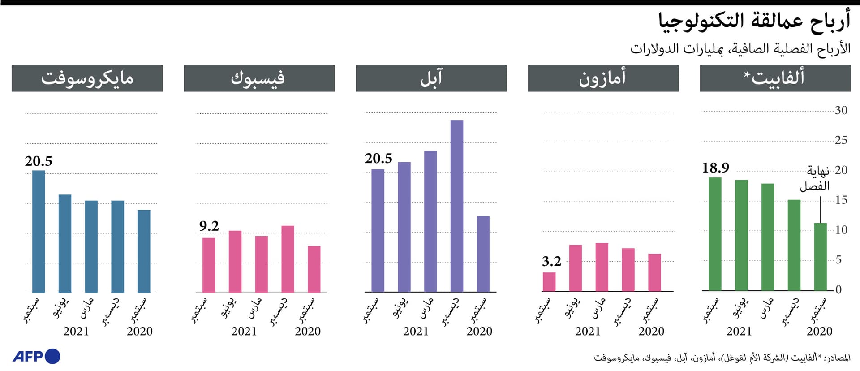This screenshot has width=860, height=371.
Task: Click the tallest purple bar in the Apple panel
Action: click(x=457, y=206)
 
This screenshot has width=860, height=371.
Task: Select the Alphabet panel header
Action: click(x=775, y=78)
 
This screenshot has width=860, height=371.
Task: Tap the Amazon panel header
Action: click(x=603, y=78)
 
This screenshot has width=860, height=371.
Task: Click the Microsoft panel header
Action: click(x=87, y=78)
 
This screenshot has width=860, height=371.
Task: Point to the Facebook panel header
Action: click(x=259, y=78)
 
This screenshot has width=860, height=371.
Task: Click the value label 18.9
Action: click(x=715, y=168)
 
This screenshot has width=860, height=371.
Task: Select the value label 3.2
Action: click(x=551, y=261)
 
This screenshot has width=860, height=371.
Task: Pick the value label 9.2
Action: click(x=209, y=226)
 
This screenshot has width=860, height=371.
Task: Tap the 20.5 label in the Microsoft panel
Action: click(x=39, y=161)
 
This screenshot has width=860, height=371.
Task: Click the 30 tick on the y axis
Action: click(x=841, y=110)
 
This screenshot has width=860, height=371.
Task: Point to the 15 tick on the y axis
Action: click(x=841, y=200)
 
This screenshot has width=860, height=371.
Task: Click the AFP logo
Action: click(x=36, y=356)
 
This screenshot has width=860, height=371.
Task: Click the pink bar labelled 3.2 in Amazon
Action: click(x=549, y=282)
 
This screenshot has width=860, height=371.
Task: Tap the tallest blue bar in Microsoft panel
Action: click(x=39, y=232)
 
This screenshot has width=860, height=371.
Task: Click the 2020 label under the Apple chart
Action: click(x=479, y=331)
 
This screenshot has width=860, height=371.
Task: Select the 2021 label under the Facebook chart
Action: click(x=244, y=331)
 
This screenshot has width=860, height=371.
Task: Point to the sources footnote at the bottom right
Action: click(x=722, y=358)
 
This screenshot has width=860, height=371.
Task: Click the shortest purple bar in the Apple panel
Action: click(x=483, y=254)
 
